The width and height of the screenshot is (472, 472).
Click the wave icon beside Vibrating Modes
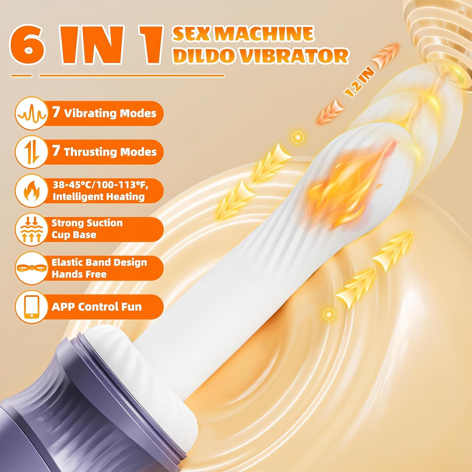(x=31, y=114)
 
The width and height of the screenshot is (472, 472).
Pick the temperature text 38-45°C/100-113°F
(x=100, y=185)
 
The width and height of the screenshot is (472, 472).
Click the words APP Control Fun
(x=97, y=307)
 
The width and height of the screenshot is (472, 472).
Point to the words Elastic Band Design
(x=99, y=262)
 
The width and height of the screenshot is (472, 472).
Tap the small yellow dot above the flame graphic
(x=298, y=137)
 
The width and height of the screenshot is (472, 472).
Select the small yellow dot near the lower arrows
(x=329, y=314)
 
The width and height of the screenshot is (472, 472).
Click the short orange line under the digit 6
(x=21, y=76)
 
